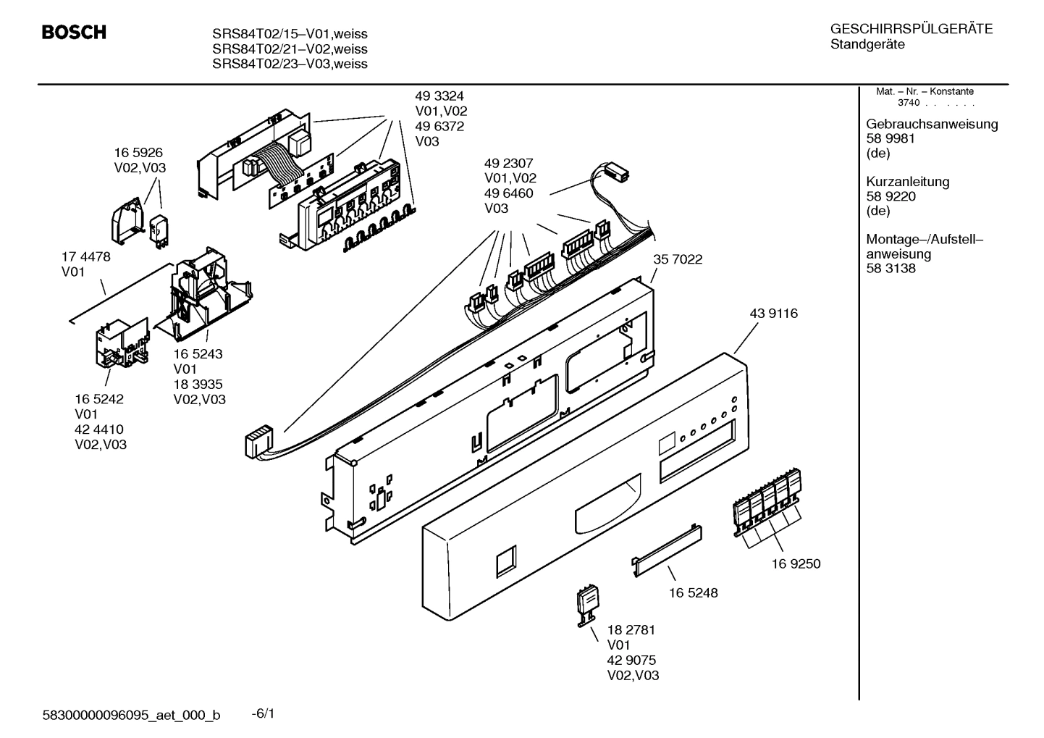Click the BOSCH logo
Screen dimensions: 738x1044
pos(74,33)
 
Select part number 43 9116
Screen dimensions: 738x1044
pos(773,314)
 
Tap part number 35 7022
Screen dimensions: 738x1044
pos(678,259)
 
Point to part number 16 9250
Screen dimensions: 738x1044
pos(796,563)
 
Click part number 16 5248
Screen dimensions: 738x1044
pos(693,592)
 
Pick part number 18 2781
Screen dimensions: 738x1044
pos(631,630)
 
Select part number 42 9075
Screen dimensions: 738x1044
pos(631,660)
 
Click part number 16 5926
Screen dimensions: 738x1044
pos(138,153)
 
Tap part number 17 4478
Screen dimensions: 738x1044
pos(85,257)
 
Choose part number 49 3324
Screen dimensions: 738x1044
pos(439,96)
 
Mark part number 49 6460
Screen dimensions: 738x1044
pos(508,193)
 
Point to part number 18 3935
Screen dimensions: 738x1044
pos(198,385)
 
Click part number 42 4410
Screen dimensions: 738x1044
pos(99,429)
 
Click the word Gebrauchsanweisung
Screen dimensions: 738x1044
pos(932,124)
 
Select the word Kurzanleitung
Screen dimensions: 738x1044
pos(907,182)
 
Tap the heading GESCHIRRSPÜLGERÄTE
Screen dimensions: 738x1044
pos(911,30)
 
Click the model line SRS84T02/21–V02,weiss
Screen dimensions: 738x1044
pos(290,49)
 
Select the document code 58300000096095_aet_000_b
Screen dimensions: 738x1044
pos(131,716)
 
